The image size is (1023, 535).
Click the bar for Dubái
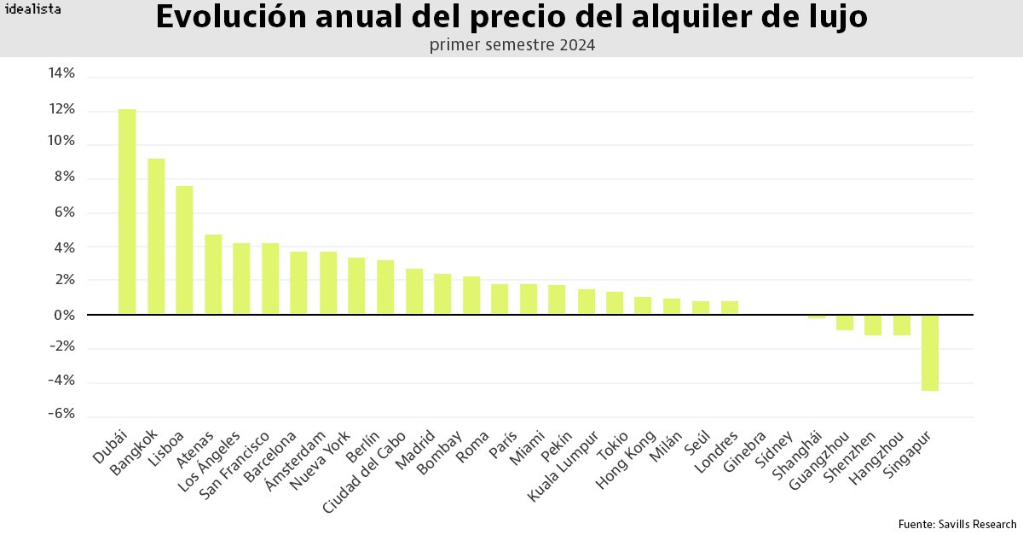[127, 212]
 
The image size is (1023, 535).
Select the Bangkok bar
[156, 236]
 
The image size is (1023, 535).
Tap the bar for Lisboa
[184, 250]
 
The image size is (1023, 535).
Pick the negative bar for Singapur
[930, 353]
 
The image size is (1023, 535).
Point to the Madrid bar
[442, 294]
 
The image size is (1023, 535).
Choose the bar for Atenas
[213, 275]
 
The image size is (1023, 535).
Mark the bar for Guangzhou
[845, 323]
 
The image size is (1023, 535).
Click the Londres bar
[730, 308]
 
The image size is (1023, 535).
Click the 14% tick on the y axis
[61, 73]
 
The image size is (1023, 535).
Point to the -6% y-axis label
[61, 414]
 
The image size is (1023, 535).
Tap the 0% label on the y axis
[65, 316]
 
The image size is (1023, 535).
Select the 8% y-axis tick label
[65, 177]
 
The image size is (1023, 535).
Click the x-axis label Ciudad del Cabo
[364, 473]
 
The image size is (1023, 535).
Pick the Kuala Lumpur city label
[563, 467]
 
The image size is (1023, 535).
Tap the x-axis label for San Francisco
[234, 466]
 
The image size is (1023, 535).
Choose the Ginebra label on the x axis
[745, 451]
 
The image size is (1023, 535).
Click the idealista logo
[33, 9]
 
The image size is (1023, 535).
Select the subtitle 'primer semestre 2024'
[512, 45]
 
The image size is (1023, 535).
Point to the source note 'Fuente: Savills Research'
[957, 524]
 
